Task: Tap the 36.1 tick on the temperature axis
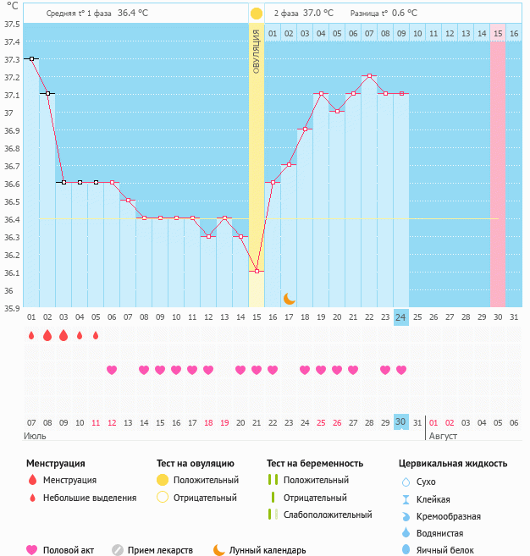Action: [12, 272]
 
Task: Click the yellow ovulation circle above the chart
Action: [257, 14]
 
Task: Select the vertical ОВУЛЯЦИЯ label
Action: [257, 50]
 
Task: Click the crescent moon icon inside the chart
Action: [290, 298]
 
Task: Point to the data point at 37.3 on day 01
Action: [31, 58]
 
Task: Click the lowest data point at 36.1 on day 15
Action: [257, 272]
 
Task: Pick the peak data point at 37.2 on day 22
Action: [370, 76]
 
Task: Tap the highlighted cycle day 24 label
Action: [401, 317]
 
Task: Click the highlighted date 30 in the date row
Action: [401, 422]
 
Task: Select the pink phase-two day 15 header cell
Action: [498, 33]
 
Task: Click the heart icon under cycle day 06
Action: [112, 370]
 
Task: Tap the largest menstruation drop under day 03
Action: [63, 335]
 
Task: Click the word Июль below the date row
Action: [35, 436]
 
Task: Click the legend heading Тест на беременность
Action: [315, 463]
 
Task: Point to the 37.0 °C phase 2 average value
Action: [317, 14]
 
